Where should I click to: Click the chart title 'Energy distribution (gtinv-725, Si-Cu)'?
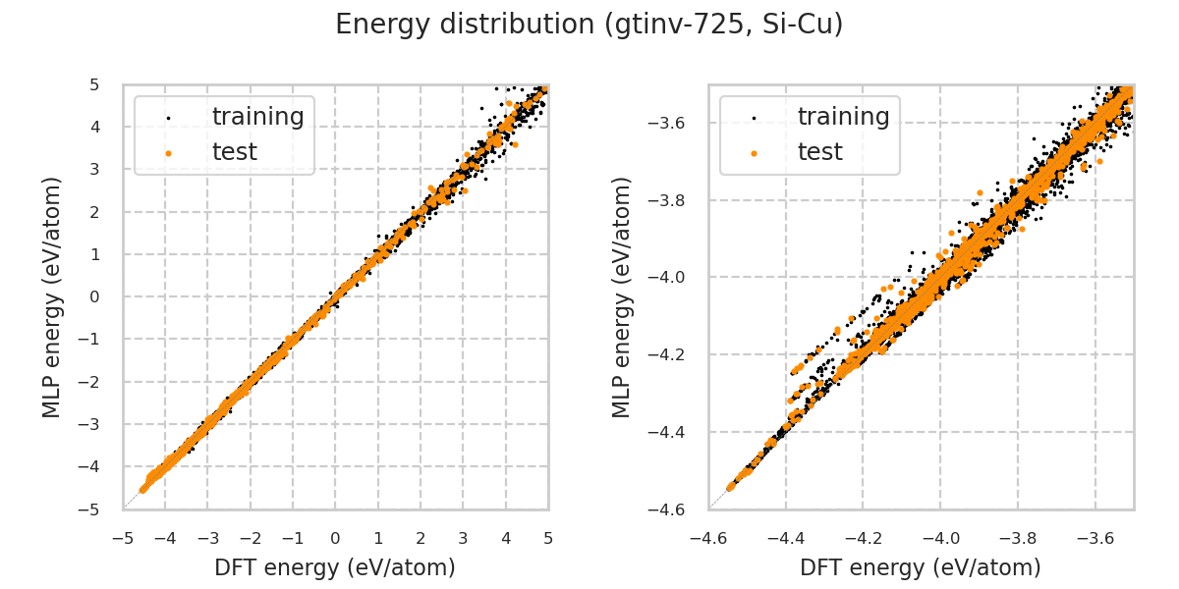click(x=589, y=25)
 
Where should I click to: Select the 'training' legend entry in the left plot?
click(x=257, y=117)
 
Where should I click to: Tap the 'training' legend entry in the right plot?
click(x=843, y=117)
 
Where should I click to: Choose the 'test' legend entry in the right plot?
click(x=819, y=152)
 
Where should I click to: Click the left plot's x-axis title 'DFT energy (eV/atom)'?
click(x=335, y=567)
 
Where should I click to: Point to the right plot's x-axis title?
click(x=921, y=567)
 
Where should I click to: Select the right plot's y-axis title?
click(x=622, y=296)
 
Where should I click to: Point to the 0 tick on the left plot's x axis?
click(x=335, y=539)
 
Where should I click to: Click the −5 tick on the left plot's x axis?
click(x=123, y=539)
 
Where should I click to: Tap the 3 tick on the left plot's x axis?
click(x=463, y=539)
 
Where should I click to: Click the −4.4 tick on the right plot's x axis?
click(x=786, y=539)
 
